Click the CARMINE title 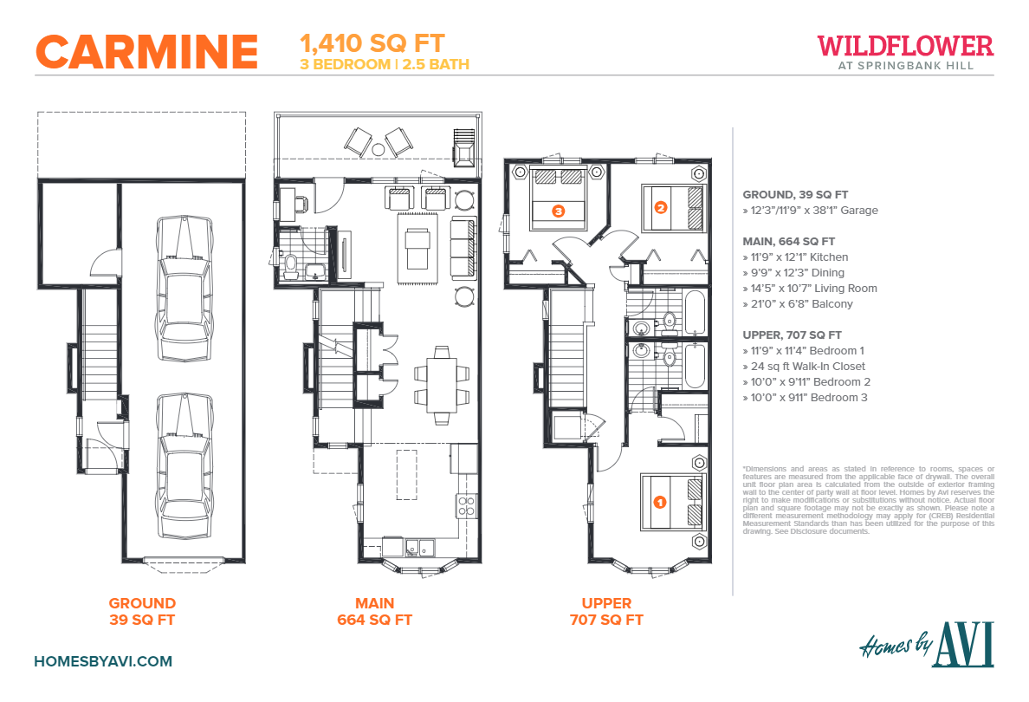pyautogui.click(x=146, y=51)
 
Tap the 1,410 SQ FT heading pyautogui.click(x=372, y=42)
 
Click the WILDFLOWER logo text pyautogui.click(x=905, y=45)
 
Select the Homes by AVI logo pyautogui.click(x=926, y=646)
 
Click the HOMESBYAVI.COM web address pyautogui.click(x=103, y=661)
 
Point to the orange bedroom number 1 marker pyautogui.click(x=658, y=501)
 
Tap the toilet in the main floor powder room pyautogui.click(x=290, y=262)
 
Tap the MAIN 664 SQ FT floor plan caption pyautogui.click(x=374, y=611)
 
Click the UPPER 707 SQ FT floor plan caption pyautogui.click(x=606, y=611)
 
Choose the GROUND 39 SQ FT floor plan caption pyautogui.click(x=142, y=611)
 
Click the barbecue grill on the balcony pyautogui.click(x=465, y=152)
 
